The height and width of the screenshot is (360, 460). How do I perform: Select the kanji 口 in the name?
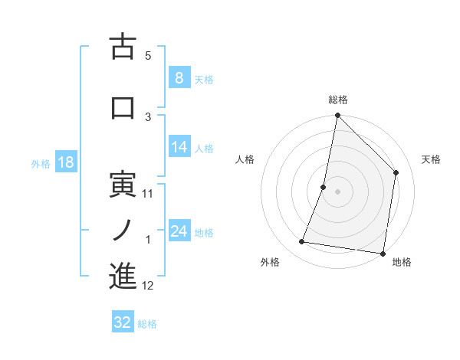tap(123, 107)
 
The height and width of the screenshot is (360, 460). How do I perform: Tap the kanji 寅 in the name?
tap(123, 185)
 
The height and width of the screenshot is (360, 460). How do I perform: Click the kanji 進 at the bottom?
tap(123, 277)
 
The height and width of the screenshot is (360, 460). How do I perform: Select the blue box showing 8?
tap(179, 77)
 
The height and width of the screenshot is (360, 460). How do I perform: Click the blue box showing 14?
tap(179, 148)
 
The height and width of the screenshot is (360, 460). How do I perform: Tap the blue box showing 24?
tap(179, 231)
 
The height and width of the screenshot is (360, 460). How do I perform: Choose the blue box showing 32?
tap(123, 322)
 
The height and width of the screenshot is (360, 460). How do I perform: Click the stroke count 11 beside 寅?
tap(148, 194)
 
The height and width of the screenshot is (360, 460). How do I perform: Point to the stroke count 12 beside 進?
tap(148, 286)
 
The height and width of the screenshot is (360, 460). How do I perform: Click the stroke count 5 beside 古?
tap(148, 55)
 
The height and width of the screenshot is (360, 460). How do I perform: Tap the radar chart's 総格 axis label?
tap(337, 100)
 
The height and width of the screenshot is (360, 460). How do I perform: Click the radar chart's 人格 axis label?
tap(245, 159)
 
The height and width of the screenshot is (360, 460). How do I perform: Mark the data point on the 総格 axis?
tap(337, 116)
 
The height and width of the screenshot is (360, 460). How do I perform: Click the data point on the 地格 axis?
tap(383, 253)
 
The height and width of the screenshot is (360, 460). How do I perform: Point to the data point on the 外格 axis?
tap(302, 242)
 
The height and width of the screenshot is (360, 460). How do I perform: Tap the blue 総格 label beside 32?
tap(147, 324)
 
